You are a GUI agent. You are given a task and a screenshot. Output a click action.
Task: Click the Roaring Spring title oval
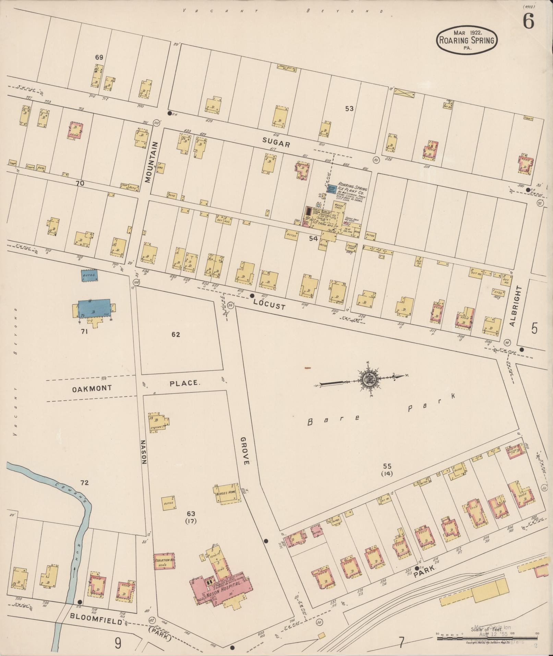(x=467, y=40)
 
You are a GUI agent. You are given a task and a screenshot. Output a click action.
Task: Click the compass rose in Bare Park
(x=369, y=379)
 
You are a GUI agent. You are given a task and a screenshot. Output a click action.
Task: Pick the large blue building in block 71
(x=95, y=308)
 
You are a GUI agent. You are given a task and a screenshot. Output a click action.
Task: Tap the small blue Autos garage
(x=89, y=275)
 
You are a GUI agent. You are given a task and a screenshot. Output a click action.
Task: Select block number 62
(x=176, y=335)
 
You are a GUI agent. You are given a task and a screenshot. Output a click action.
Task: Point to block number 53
(x=349, y=109)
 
